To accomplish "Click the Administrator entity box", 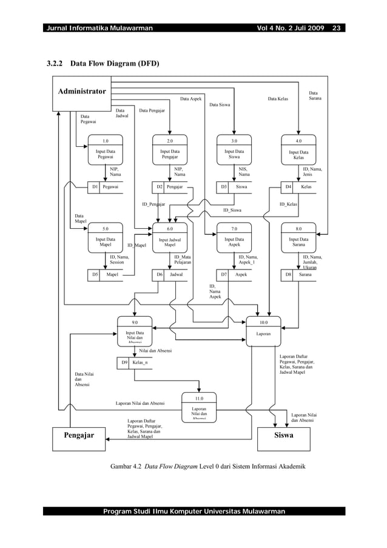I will click(82, 93).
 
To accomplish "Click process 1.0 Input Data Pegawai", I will click(106, 150).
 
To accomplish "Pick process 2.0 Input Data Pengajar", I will click(170, 150).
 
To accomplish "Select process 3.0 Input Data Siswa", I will click(234, 150).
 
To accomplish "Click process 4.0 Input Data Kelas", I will click(298, 150).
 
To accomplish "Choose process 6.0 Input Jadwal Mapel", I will click(170, 237).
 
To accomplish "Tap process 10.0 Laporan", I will click(263, 331).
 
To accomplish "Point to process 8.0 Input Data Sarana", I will click(298, 237).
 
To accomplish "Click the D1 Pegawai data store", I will click(106, 187).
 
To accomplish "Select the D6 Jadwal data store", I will click(170, 274).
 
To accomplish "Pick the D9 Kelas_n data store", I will click(135, 363).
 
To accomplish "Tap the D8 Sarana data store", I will click(298, 274).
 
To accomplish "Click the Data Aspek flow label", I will click(191, 98).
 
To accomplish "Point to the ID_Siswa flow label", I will click(232, 210).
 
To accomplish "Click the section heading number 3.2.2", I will click(56, 63).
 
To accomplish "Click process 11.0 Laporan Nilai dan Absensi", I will click(199, 407).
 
